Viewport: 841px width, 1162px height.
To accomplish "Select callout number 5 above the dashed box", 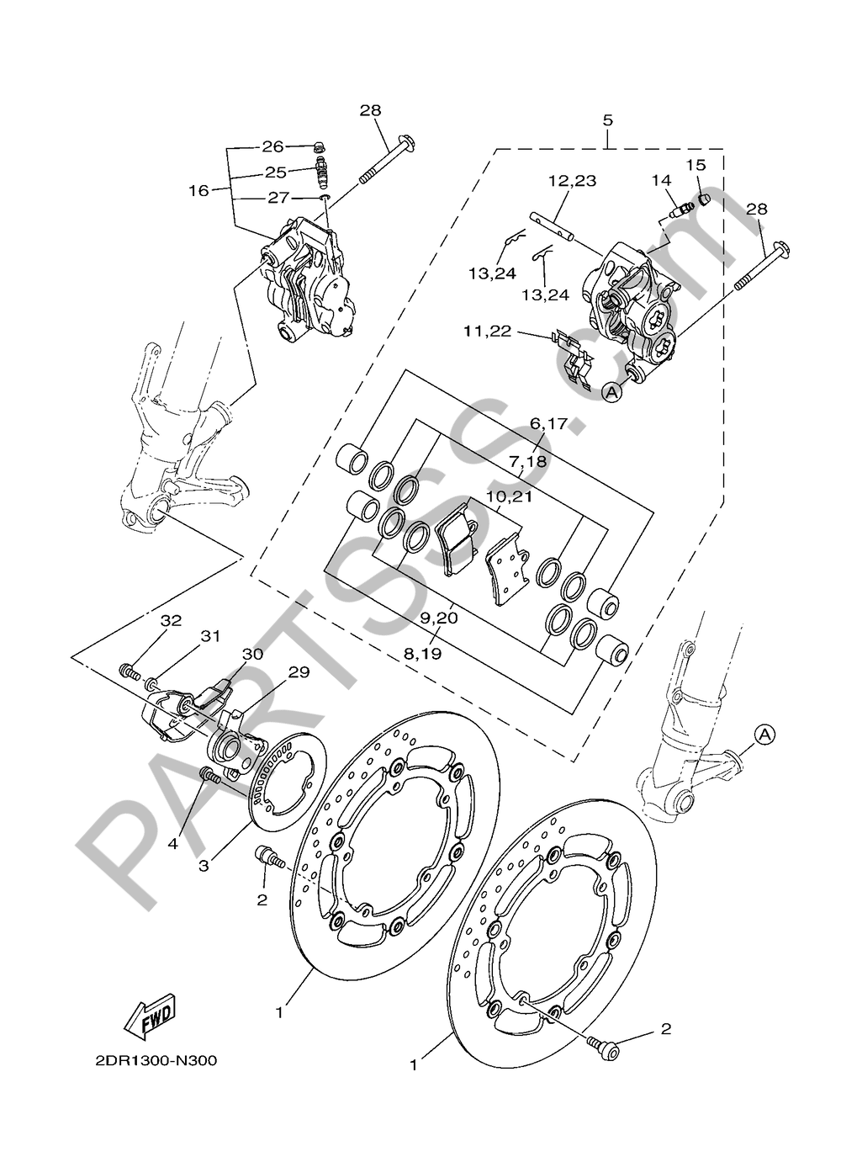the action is click(x=608, y=120).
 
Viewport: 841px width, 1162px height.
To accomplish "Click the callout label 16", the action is click(x=199, y=191).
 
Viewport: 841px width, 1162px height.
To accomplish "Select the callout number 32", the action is click(x=171, y=620).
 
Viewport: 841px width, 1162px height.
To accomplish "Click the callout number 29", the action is click(x=299, y=672).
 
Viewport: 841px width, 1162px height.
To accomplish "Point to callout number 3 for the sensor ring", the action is click(x=204, y=866).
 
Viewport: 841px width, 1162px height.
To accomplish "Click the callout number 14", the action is click(x=662, y=181).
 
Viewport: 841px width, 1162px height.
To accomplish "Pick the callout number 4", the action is click(x=172, y=844).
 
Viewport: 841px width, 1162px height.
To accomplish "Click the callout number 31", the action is click(x=210, y=635).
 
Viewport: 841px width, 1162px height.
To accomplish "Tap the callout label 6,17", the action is click(x=542, y=439).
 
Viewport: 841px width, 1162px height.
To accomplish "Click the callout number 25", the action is click(x=276, y=172).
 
